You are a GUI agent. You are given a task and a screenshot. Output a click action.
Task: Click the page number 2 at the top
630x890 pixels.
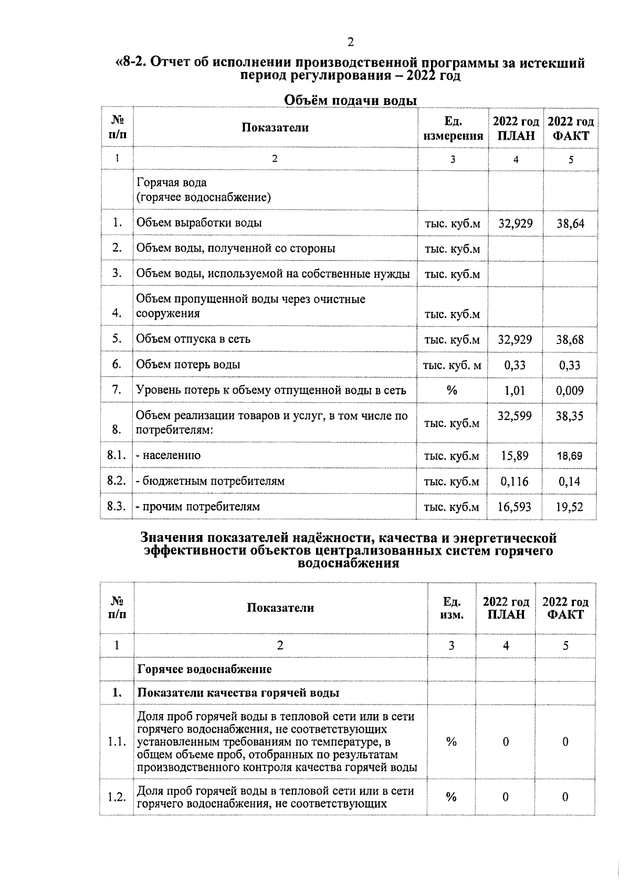point(351,42)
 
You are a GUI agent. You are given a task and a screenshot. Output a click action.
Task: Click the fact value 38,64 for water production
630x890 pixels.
point(570,224)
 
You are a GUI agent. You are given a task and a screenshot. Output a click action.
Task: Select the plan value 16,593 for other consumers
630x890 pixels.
point(514,507)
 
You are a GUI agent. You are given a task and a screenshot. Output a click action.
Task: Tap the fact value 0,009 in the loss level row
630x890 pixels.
point(570,391)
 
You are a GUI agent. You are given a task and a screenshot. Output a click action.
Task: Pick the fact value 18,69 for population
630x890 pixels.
point(570,456)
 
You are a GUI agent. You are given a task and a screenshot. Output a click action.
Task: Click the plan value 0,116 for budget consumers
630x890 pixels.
point(514,481)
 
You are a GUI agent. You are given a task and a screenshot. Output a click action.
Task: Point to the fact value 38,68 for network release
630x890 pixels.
point(570,340)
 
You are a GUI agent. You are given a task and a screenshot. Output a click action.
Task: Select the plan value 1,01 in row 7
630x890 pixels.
point(514,391)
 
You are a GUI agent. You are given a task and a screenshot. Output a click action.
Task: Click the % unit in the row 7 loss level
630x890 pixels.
point(451,391)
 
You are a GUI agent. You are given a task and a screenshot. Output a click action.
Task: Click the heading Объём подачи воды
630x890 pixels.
point(350,100)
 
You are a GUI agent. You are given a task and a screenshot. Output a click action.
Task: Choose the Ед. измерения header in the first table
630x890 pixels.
point(453,129)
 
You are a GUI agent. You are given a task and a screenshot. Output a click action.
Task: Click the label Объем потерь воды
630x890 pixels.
point(188,364)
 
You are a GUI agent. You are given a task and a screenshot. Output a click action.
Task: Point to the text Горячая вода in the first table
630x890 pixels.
point(172,183)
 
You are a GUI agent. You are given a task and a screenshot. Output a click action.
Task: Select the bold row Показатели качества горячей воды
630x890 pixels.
point(238,693)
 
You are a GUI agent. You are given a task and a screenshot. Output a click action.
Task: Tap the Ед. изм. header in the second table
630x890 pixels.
point(451,608)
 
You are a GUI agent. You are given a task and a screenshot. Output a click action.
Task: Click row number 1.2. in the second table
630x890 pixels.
point(117,797)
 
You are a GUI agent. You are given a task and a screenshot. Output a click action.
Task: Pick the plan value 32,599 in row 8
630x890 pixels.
point(514,416)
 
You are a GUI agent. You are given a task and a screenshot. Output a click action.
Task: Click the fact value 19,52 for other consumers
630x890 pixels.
point(570,507)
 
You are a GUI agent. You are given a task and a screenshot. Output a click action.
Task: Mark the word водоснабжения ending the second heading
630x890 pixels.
point(348,564)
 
